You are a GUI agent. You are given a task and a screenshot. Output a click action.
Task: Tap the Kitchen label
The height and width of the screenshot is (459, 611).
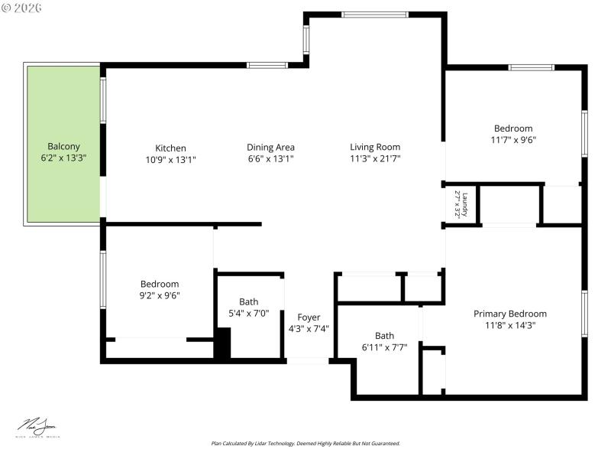[170, 148]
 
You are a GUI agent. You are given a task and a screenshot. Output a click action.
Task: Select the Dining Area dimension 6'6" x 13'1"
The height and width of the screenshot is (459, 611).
[270, 159]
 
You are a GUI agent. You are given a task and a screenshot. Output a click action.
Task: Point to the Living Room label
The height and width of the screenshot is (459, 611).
[375, 147]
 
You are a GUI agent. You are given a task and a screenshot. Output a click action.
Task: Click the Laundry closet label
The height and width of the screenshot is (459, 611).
[461, 204]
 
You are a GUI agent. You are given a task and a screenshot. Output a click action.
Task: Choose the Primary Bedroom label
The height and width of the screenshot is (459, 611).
[510, 314]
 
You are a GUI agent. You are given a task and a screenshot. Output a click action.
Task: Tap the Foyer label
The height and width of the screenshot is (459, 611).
[309, 317]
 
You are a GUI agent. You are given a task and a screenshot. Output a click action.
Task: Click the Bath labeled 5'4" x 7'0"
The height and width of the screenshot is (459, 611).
[248, 301]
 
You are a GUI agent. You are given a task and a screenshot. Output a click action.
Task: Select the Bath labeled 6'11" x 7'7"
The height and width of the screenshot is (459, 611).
[384, 336]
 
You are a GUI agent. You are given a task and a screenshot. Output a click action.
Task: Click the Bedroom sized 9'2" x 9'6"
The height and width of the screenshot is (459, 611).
[159, 284]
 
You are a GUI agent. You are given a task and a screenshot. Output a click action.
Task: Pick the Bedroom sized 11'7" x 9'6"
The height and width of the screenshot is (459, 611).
[512, 129]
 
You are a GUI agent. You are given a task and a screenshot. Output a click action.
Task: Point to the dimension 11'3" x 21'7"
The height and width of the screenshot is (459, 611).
[375, 159]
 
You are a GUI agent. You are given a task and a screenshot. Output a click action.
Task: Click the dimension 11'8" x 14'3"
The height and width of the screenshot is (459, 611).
[510, 325]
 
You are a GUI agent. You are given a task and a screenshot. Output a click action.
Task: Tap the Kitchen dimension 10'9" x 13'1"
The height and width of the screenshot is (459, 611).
[170, 159]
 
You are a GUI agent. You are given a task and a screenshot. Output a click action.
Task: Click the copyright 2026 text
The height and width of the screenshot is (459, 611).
[22, 7]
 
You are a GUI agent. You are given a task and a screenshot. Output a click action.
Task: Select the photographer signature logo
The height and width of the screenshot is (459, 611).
[37, 426]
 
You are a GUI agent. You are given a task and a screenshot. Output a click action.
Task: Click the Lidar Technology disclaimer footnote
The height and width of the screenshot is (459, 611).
[305, 444]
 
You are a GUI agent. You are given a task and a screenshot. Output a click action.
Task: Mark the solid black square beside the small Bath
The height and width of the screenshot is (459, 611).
[222, 343]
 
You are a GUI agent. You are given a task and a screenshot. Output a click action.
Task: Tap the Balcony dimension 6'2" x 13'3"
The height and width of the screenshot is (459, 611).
[63, 158]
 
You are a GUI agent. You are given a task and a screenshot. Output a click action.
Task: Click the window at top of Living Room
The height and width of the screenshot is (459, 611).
[374, 15]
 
